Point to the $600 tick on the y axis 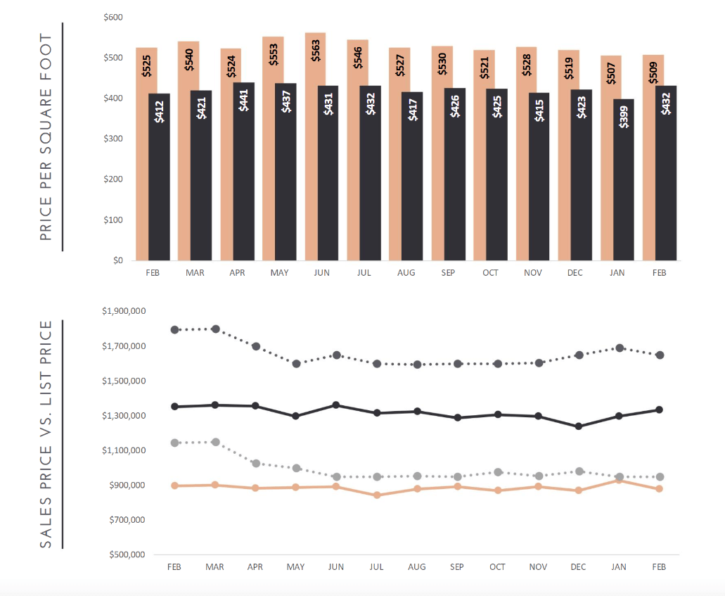[x=113, y=17]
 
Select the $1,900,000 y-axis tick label [x=123, y=311]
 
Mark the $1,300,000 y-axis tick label [x=123, y=416]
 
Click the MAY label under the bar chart [x=279, y=272]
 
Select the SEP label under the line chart [x=457, y=566]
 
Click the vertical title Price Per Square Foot [x=46, y=137]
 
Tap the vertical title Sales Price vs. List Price [x=46, y=434]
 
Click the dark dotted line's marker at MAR [x=216, y=329]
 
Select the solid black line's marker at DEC [x=579, y=426]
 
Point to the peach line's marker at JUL [x=378, y=495]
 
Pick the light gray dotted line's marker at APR [x=256, y=464]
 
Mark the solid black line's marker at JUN [x=336, y=405]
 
